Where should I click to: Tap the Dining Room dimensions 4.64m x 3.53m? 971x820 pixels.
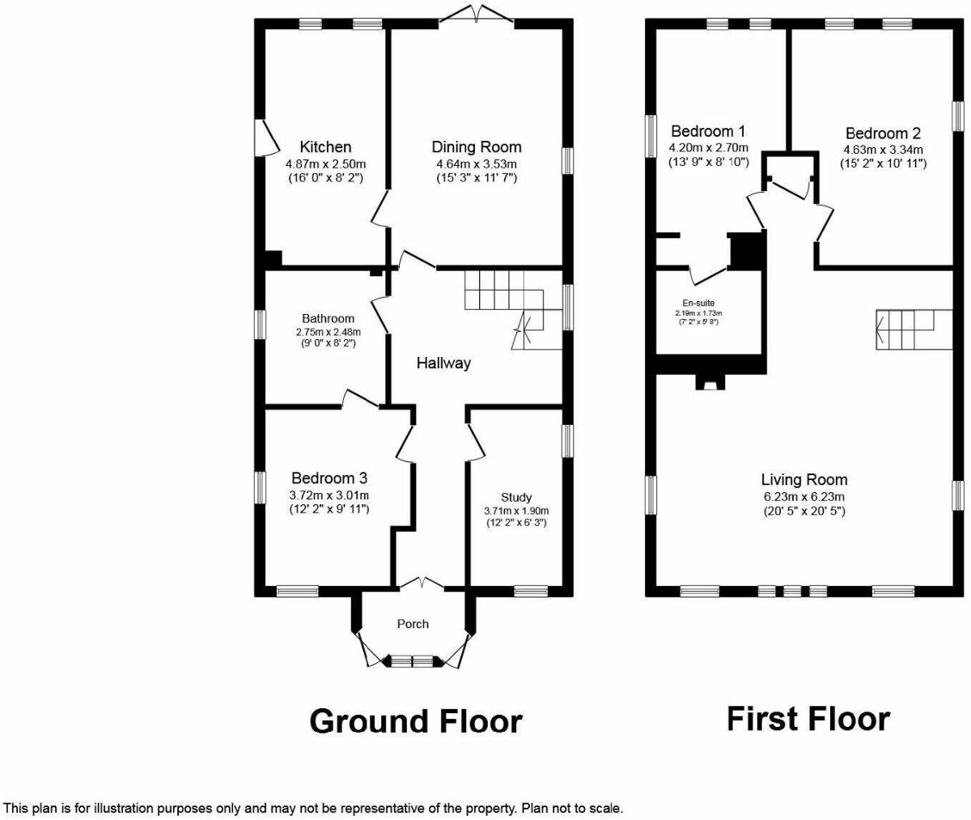476,164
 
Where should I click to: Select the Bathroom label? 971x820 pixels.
328,318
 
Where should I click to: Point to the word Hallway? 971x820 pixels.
443,363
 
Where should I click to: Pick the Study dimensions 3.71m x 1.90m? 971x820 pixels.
516,511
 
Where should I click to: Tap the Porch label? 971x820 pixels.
413,623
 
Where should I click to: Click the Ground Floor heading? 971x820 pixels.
415,720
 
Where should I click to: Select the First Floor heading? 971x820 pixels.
808,718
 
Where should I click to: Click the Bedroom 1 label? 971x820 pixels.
708,131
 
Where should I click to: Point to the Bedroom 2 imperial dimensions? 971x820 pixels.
883,164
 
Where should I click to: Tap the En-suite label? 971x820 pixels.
699,303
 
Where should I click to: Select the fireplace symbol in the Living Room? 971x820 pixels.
710,381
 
